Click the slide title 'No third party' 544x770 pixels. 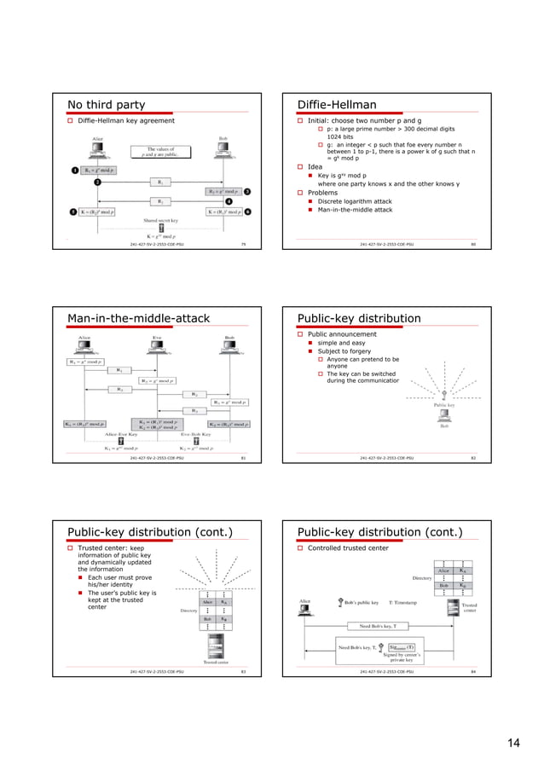(106, 105)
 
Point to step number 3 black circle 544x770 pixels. (247, 192)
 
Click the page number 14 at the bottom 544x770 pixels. (513, 744)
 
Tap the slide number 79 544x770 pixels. (244, 244)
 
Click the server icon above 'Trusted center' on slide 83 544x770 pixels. (215, 645)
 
